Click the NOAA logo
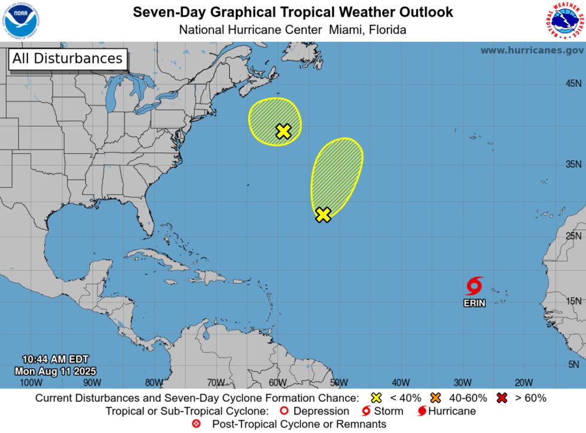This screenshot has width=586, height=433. [19, 20]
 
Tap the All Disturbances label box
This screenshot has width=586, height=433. [68, 59]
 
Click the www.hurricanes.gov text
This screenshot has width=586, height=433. [532, 50]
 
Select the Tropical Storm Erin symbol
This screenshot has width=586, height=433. [474, 286]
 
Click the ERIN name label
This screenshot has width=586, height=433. [474, 303]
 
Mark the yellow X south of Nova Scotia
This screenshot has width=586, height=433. [283, 132]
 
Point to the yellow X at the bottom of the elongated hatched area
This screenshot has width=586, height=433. [323, 215]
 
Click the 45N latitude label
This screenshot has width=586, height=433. [573, 84]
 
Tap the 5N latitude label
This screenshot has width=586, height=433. [574, 364]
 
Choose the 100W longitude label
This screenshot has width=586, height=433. [31, 383]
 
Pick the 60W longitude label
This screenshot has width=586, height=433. [277, 383]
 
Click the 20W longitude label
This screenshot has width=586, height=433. [524, 383]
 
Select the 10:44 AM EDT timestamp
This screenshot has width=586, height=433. [55, 359]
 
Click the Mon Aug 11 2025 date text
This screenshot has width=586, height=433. [55, 371]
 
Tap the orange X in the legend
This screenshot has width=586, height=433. [435, 398]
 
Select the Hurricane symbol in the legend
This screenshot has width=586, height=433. [422, 411]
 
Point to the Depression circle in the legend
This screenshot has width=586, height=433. [285, 411]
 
